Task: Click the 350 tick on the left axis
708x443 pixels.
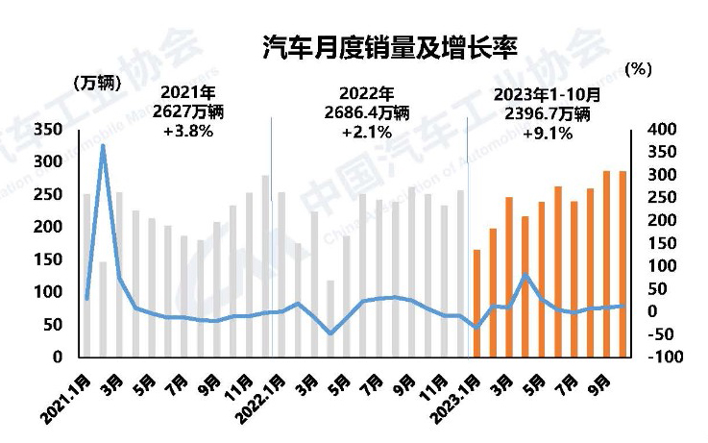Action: tap(48, 129)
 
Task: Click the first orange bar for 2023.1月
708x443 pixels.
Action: tap(476, 303)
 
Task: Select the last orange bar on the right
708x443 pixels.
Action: tap(623, 263)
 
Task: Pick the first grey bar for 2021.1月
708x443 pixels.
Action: tap(86, 275)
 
